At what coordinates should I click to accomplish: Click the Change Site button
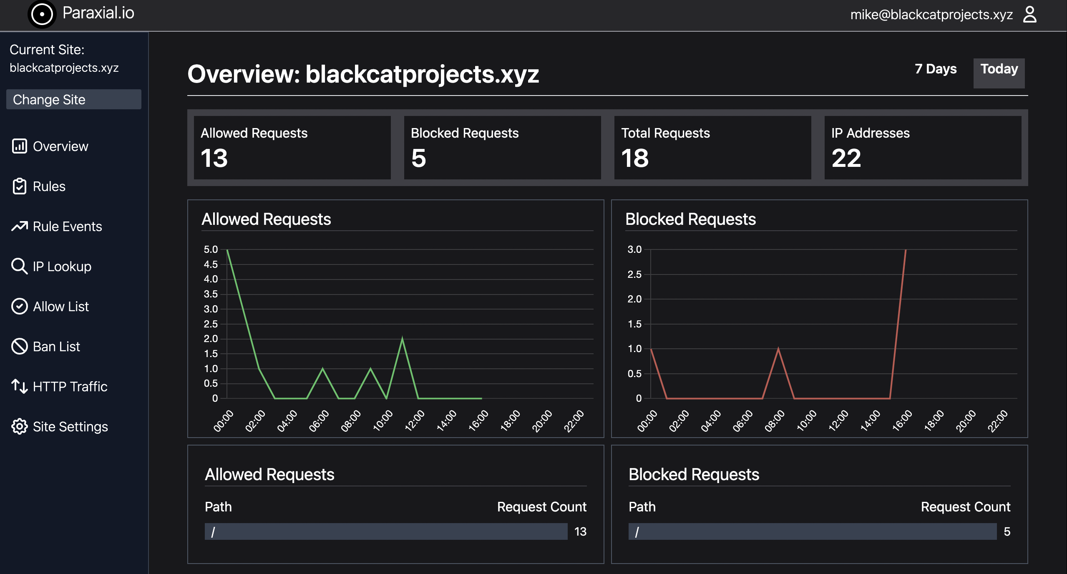73,99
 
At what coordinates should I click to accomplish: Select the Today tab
999,69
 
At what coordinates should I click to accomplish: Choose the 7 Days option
935,69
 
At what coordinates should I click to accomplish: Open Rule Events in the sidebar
67,227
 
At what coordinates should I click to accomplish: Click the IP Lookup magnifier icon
19,266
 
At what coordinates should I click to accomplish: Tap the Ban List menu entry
56,347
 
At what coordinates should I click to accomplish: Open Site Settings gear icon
19,426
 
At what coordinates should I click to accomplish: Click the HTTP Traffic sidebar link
70,387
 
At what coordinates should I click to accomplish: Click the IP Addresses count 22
846,158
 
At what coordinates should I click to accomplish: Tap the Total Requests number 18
635,158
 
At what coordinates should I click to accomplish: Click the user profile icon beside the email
1029,15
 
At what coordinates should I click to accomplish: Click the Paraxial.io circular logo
42,14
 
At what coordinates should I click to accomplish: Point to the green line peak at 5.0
227,250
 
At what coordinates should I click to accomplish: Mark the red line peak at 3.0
906,250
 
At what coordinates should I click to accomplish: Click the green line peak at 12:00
402,339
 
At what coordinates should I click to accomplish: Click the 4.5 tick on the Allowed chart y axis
211,264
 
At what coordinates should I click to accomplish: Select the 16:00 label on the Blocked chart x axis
902,420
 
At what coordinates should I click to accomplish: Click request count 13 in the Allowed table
580,531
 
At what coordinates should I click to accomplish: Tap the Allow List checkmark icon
19,306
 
